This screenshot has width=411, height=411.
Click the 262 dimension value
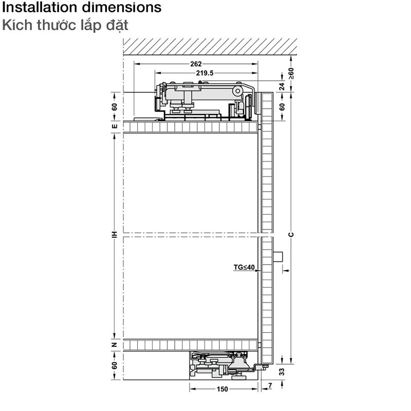click(x=196, y=64)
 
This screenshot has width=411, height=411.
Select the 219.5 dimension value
click(x=204, y=73)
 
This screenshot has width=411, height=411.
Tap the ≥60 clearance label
click(x=291, y=73)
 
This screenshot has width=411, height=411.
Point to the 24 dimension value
click(x=282, y=86)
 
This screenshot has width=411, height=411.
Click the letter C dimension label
click(x=291, y=235)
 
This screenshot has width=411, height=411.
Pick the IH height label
click(x=115, y=235)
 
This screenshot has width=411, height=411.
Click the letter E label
click(x=115, y=126)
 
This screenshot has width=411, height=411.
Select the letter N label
click(x=115, y=345)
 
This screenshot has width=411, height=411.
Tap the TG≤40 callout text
click(x=244, y=267)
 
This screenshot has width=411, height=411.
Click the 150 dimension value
click(x=222, y=389)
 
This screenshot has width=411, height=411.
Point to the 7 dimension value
click(x=270, y=385)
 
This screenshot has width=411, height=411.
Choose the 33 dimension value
click(x=282, y=371)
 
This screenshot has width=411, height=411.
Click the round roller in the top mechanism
click(x=238, y=91)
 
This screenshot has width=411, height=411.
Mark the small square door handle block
click(x=278, y=256)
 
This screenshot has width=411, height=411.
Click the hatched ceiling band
click(x=210, y=46)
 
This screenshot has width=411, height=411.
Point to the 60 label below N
click(x=115, y=365)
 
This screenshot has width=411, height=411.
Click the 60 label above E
click(x=115, y=107)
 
